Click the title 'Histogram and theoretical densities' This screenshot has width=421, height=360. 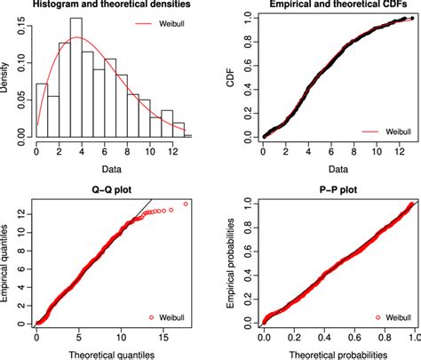105,5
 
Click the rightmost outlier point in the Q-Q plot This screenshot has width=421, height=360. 186,204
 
